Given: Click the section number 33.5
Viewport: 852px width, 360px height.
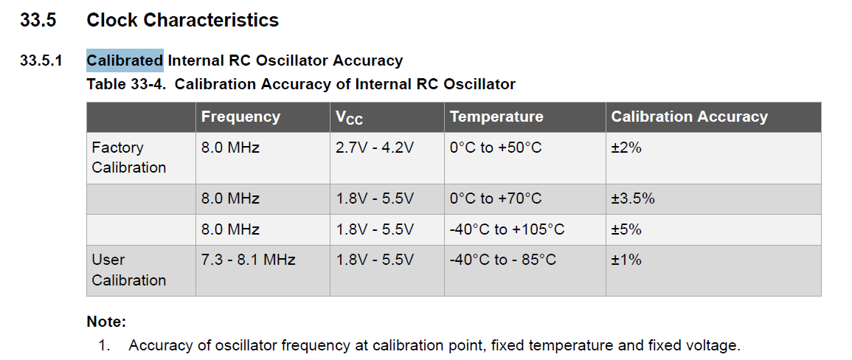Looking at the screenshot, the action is (x=38, y=20).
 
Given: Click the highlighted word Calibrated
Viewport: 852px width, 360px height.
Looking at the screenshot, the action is (x=125, y=60).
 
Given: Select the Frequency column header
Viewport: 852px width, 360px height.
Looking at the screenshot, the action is (x=240, y=117).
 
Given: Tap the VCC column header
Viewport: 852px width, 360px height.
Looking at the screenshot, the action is (x=350, y=117).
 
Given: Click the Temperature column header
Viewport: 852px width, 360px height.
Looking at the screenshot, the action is (x=496, y=117).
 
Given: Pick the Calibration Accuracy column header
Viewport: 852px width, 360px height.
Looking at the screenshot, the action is (x=690, y=117).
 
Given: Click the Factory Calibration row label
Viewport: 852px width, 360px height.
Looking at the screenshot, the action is (x=129, y=157).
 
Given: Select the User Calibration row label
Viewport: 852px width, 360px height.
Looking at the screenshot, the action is (x=129, y=270).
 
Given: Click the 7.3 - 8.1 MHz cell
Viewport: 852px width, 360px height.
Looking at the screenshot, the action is (x=249, y=260).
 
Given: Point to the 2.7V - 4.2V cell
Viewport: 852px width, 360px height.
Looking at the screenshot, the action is (x=375, y=148).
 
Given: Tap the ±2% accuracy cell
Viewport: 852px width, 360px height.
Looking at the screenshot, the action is (x=626, y=148).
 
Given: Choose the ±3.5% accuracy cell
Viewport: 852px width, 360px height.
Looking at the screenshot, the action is (x=633, y=198).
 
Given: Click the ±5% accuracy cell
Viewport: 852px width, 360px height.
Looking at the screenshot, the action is (x=626, y=229).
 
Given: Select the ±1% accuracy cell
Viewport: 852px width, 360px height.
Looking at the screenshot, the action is (x=626, y=260).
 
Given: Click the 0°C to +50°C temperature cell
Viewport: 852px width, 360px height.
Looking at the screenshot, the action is (x=496, y=148).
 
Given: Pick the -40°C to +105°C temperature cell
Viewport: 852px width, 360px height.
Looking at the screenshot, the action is (x=507, y=229).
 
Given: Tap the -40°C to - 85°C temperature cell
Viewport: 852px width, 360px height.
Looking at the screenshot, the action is (x=503, y=260).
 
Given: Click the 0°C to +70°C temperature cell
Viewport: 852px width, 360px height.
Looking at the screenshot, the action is (x=496, y=198).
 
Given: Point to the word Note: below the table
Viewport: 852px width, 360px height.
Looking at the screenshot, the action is (x=106, y=322).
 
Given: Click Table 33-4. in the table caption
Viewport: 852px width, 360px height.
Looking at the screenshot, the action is (x=126, y=84).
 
